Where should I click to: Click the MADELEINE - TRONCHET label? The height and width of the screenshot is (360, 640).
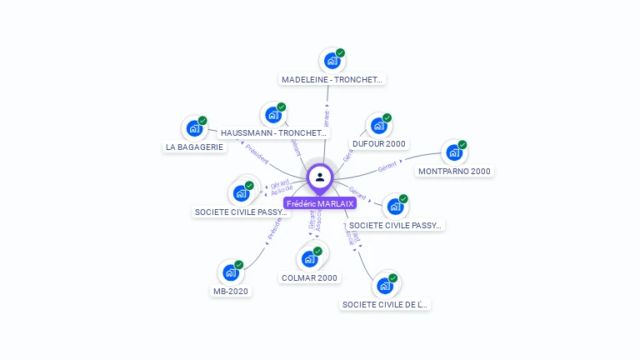click(x=332, y=80)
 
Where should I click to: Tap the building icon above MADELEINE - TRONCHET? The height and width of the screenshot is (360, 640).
click(x=332, y=60)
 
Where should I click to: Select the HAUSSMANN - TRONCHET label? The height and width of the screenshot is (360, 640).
click(x=274, y=133)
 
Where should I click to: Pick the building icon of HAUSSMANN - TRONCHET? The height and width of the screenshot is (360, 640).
click(x=272, y=114)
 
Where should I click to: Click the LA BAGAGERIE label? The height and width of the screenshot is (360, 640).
click(x=194, y=147)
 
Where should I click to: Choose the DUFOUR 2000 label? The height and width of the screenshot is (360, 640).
click(x=378, y=144)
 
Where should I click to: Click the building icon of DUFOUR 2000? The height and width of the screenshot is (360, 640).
click(x=378, y=126)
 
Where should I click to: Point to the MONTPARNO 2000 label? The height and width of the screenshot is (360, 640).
click(x=454, y=172)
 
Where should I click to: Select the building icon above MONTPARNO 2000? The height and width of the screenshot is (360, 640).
click(x=453, y=152)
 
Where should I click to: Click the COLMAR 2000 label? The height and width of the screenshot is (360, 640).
click(x=309, y=278)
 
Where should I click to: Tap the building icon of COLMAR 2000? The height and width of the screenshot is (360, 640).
click(x=309, y=258)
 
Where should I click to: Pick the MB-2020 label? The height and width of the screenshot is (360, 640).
click(x=230, y=292)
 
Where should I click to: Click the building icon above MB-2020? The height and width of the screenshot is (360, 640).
click(x=230, y=272)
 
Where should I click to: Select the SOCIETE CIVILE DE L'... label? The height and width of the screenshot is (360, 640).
click(x=384, y=305)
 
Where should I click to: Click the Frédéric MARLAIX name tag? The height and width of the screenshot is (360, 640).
click(x=320, y=203)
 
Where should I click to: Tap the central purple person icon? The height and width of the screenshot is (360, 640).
click(x=320, y=177)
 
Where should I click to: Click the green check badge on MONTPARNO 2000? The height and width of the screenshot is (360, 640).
click(x=462, y=145)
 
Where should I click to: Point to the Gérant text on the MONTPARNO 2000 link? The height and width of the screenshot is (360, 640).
click(x=387, y=167)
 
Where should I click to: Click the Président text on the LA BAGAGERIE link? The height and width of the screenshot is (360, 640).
click(x=257, y=154)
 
